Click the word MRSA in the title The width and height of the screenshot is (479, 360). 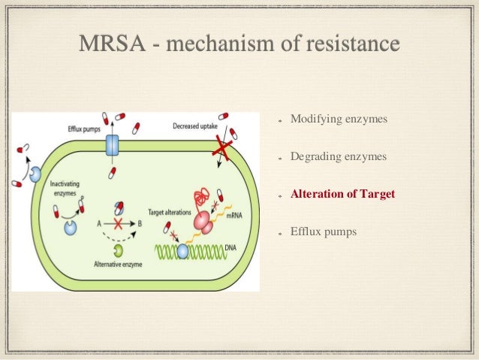tap(109, 44)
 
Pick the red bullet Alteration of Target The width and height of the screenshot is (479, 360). tap(342, 194)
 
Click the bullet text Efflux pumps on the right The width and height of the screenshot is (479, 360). tap(324, 231)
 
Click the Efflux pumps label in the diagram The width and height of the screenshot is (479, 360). tap(82, 129)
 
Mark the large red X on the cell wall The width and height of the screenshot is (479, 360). tap(221, 150)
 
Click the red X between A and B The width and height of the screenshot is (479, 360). tap(117, 224)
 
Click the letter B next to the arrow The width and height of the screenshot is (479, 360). tap(140, 224)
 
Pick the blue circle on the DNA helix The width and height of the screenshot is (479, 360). tap(182, 251)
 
